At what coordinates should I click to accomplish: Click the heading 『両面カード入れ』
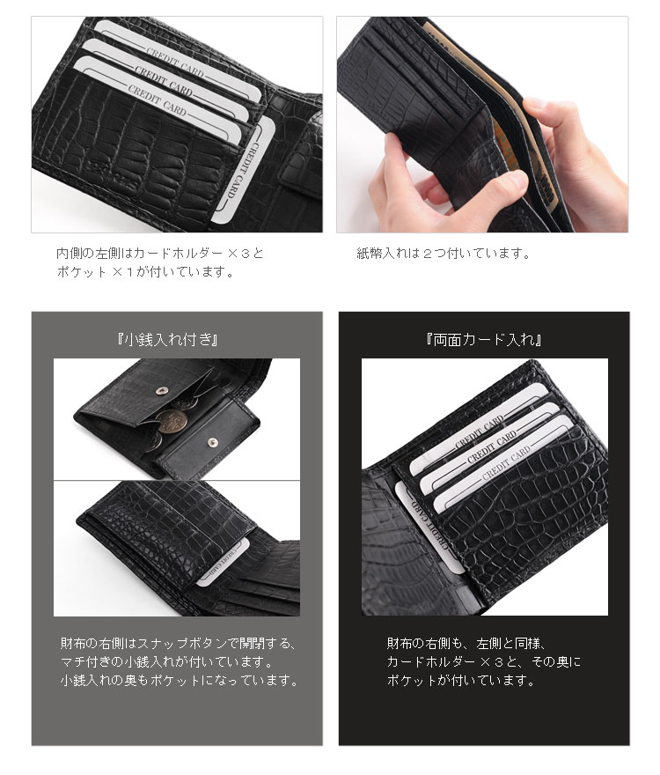point(482,339)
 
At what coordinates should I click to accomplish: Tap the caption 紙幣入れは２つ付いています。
point(444,255)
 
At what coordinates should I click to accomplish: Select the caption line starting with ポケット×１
point(145,273)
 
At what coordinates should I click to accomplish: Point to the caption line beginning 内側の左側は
point(159,254)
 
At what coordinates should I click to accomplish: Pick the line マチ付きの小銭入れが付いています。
point(166,662)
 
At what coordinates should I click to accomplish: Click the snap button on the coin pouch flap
point(158,388)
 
